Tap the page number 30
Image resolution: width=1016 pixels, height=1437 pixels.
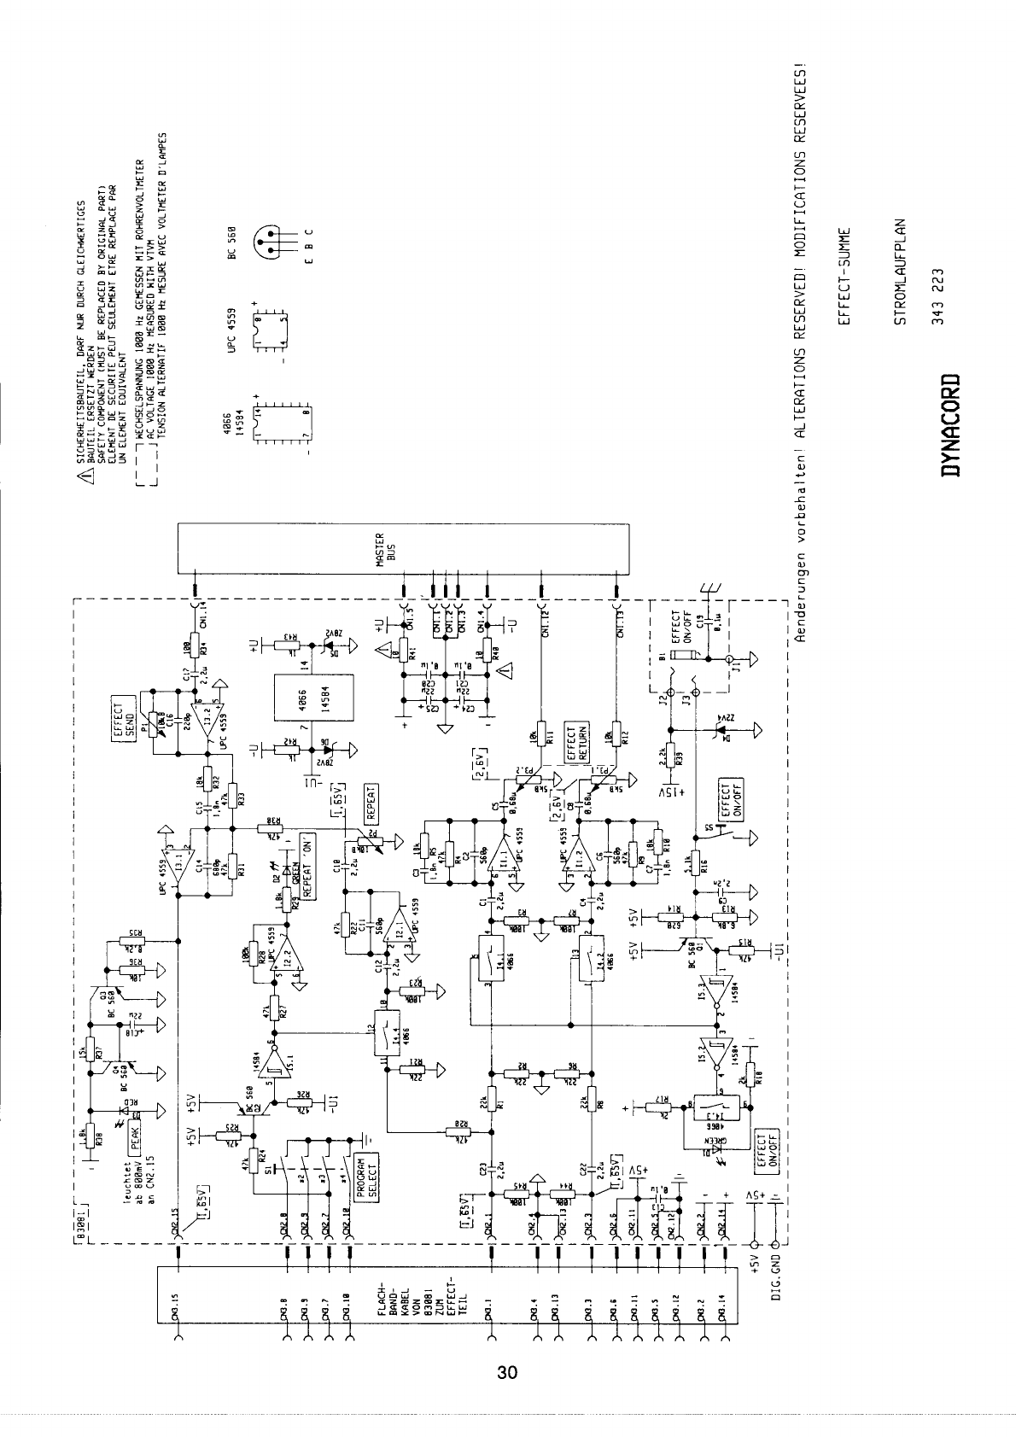(507, 1374)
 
